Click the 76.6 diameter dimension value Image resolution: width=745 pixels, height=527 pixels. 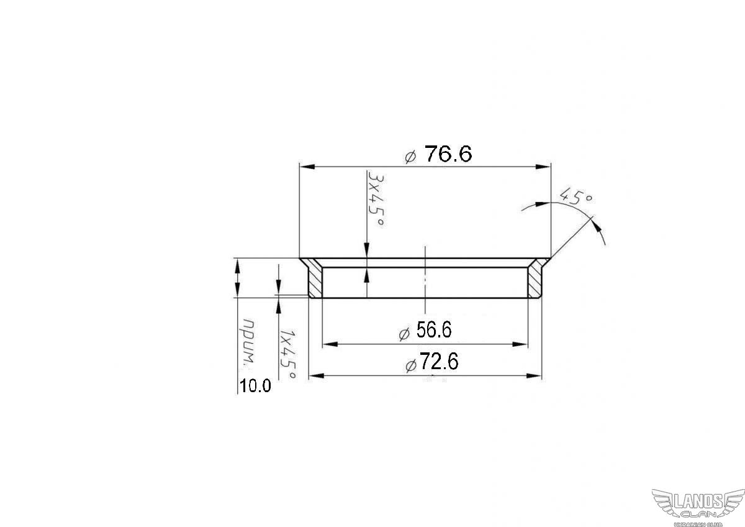pos(448,154)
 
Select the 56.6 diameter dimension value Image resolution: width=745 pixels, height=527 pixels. pos(434,330)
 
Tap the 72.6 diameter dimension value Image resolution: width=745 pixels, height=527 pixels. pos(439,362)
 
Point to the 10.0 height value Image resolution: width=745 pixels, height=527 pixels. pos(255,386)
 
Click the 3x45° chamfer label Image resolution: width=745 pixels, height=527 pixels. pos(376,199)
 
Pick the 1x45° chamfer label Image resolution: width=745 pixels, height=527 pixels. pos(287,354)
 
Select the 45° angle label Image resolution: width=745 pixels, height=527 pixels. pos(576,196)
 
